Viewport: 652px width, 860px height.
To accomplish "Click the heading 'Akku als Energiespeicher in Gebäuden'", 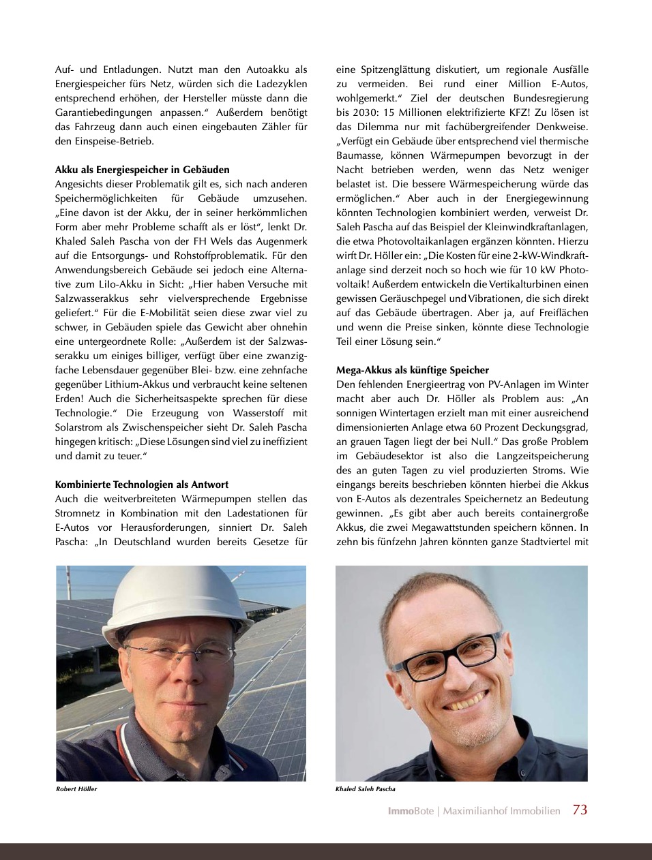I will click(142, 170).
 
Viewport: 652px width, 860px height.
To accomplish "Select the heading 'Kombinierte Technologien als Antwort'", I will click(142, 485).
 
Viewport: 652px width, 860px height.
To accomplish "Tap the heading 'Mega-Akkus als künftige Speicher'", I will click(412, 370).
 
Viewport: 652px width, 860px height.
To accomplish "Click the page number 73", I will click(580, 810).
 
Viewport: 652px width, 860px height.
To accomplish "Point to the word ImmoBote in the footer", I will click(410, 811).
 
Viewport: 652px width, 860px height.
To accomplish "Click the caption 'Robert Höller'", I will click(76, 789).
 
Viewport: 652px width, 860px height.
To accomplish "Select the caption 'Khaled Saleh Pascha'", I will click(365, 789).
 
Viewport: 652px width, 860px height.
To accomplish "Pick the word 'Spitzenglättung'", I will click(394, 70).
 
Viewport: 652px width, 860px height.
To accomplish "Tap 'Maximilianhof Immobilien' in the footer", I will click(501, 811).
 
